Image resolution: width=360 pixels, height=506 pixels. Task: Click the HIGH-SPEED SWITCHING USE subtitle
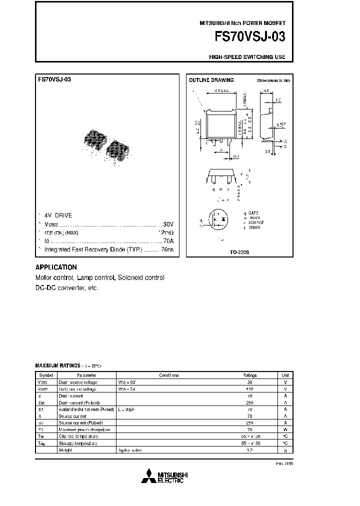246,57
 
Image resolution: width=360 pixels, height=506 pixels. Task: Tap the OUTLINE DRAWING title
210,80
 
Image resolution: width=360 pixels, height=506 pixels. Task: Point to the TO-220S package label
238,252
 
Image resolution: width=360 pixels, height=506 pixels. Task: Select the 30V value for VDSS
168,224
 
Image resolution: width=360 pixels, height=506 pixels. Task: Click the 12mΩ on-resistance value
165,233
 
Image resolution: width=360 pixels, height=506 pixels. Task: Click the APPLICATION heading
56,267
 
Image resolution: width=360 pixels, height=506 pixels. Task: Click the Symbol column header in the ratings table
46,375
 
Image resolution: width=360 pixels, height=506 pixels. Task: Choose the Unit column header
285,375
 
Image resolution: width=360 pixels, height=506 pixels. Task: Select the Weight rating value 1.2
249,450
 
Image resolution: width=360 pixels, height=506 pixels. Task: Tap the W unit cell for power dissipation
285,429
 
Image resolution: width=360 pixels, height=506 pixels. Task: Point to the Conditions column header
168,375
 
